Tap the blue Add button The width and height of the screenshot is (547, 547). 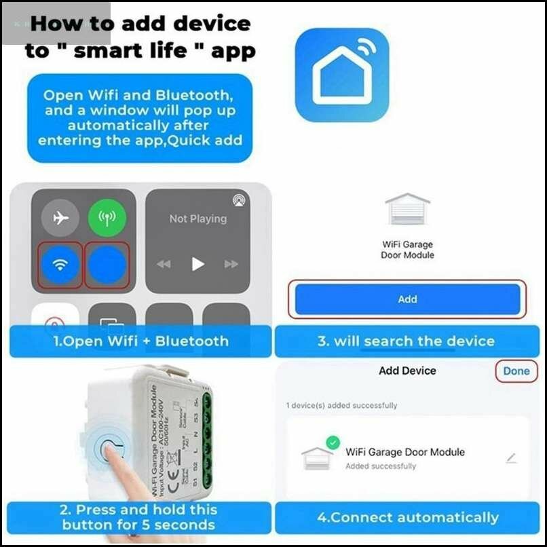[407, 299]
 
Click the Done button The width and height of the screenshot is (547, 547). [516, 371]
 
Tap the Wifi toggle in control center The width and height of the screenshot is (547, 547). [60, 264]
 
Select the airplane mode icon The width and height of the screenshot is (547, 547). [60, 218]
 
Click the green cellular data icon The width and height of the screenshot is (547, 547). [107, 218]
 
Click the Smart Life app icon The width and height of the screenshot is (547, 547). [342, 75]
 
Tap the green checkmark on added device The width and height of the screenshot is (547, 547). [332, 442]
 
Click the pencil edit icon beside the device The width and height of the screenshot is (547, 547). [511, 458]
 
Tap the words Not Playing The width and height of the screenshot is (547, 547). [198, 219]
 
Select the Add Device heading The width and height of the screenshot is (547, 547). [407, 371]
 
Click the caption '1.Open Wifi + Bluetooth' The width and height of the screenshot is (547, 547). [141, 341]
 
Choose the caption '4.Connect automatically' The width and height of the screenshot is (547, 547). [407, 518]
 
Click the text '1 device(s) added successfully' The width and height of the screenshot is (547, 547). [341, 405]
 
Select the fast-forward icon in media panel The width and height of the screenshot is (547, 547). [231, 264]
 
